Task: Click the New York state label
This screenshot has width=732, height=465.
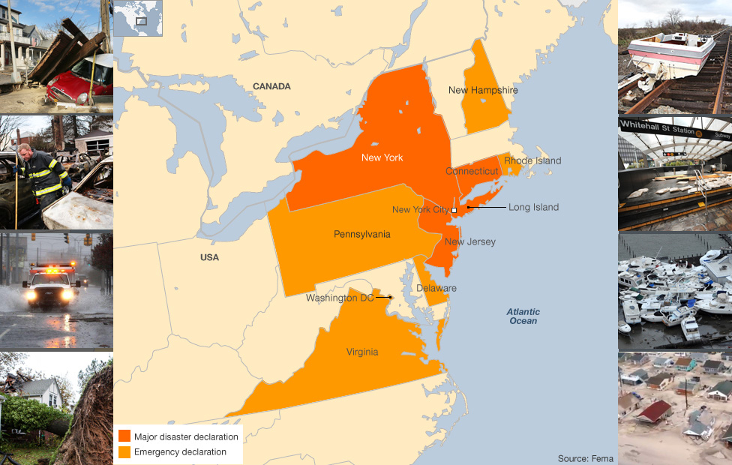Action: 382,157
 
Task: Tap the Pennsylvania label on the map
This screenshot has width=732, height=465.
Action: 361,234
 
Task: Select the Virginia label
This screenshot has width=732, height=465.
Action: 362,352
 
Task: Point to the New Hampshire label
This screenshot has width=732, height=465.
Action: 483,90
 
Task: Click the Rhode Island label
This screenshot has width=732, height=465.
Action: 532,160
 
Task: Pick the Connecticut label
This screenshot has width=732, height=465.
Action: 472,171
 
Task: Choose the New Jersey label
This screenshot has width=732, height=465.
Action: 469,241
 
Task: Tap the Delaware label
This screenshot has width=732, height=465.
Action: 436,288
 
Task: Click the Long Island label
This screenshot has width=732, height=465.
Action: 533,207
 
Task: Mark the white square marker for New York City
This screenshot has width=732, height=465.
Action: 454,210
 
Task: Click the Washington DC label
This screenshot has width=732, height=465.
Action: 340,298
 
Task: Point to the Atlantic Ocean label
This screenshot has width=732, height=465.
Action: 522,316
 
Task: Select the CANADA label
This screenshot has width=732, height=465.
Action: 271,86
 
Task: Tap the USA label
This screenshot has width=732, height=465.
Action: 210,257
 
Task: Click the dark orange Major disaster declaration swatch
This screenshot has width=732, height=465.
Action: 124,436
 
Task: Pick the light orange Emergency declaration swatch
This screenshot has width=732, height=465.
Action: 124,451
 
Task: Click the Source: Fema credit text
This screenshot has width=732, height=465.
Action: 585,458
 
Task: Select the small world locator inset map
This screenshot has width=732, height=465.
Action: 138,19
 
